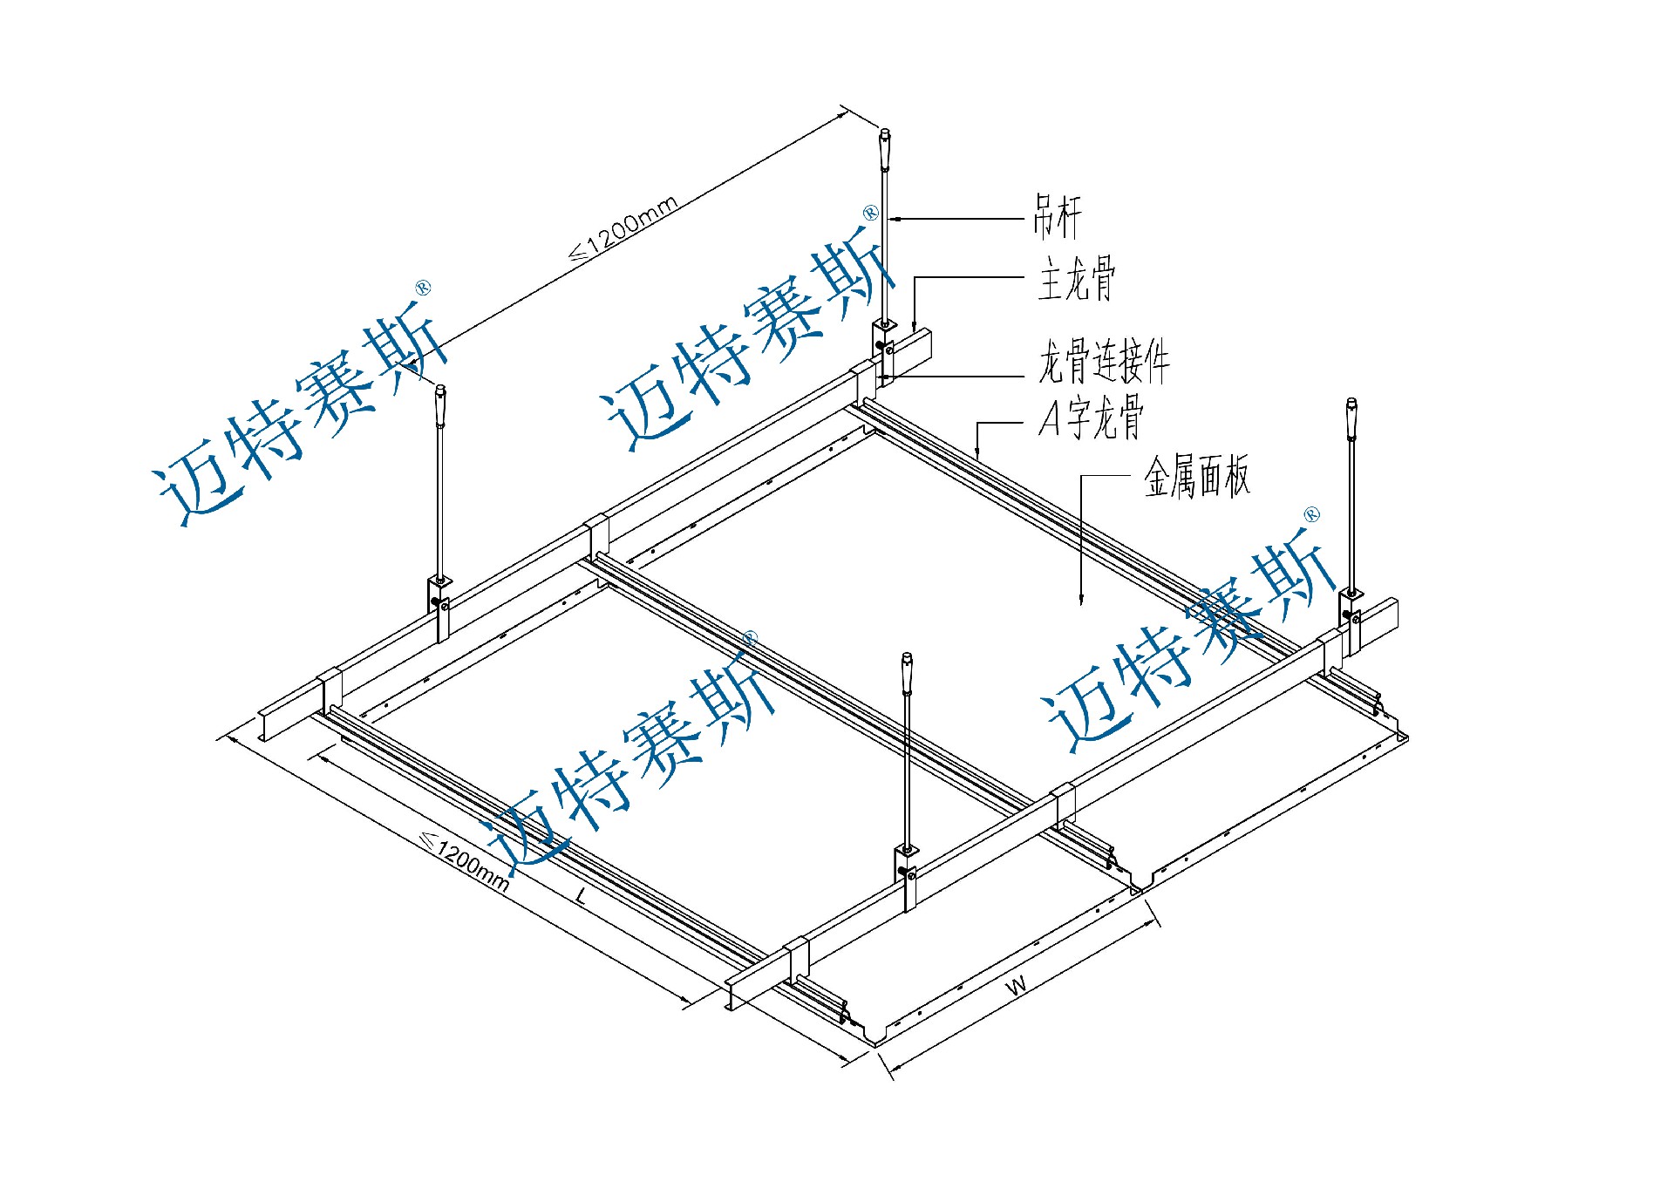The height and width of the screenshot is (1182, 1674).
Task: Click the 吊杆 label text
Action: click(1057, 217)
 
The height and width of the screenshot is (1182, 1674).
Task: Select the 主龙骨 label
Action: click(1076, 279)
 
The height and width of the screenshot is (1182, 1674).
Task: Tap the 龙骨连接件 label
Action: click(1103, 361)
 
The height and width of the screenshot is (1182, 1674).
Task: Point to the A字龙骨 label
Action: click(1091, 418)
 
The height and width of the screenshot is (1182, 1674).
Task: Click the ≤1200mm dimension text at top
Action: click(623, 228)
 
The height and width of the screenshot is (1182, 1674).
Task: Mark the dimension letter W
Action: click(1017, 986)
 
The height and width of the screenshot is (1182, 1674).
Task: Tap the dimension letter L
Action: click(582, 894)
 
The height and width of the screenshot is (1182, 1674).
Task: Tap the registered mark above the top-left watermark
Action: click(423, 288)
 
